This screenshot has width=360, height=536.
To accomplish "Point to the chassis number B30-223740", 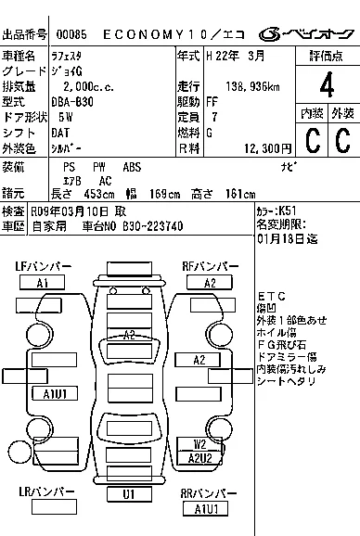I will tap(152, 226).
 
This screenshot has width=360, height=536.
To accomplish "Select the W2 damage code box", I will tap(200, 443).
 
